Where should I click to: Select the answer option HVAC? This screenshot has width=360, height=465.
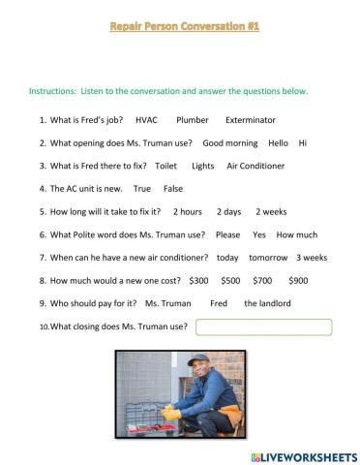[146, 120]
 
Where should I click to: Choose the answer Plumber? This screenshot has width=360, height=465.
[193, 120]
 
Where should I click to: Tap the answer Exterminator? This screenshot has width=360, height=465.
[250, 120]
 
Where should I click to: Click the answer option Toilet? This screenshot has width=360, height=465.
[165, 166]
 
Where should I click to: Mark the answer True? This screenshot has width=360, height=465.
[142, 189]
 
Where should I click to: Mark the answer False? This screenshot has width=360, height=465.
[173, 189]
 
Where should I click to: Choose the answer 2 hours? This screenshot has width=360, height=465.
[187, 211]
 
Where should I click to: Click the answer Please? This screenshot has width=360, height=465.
[227, 234]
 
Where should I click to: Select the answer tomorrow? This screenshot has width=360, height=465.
[268, 258]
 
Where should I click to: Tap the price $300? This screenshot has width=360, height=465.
[198, 280]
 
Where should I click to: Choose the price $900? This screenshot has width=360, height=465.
[298, 280]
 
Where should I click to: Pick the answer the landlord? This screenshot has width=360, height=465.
[267, 303]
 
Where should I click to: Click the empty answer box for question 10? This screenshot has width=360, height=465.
[263, 326]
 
